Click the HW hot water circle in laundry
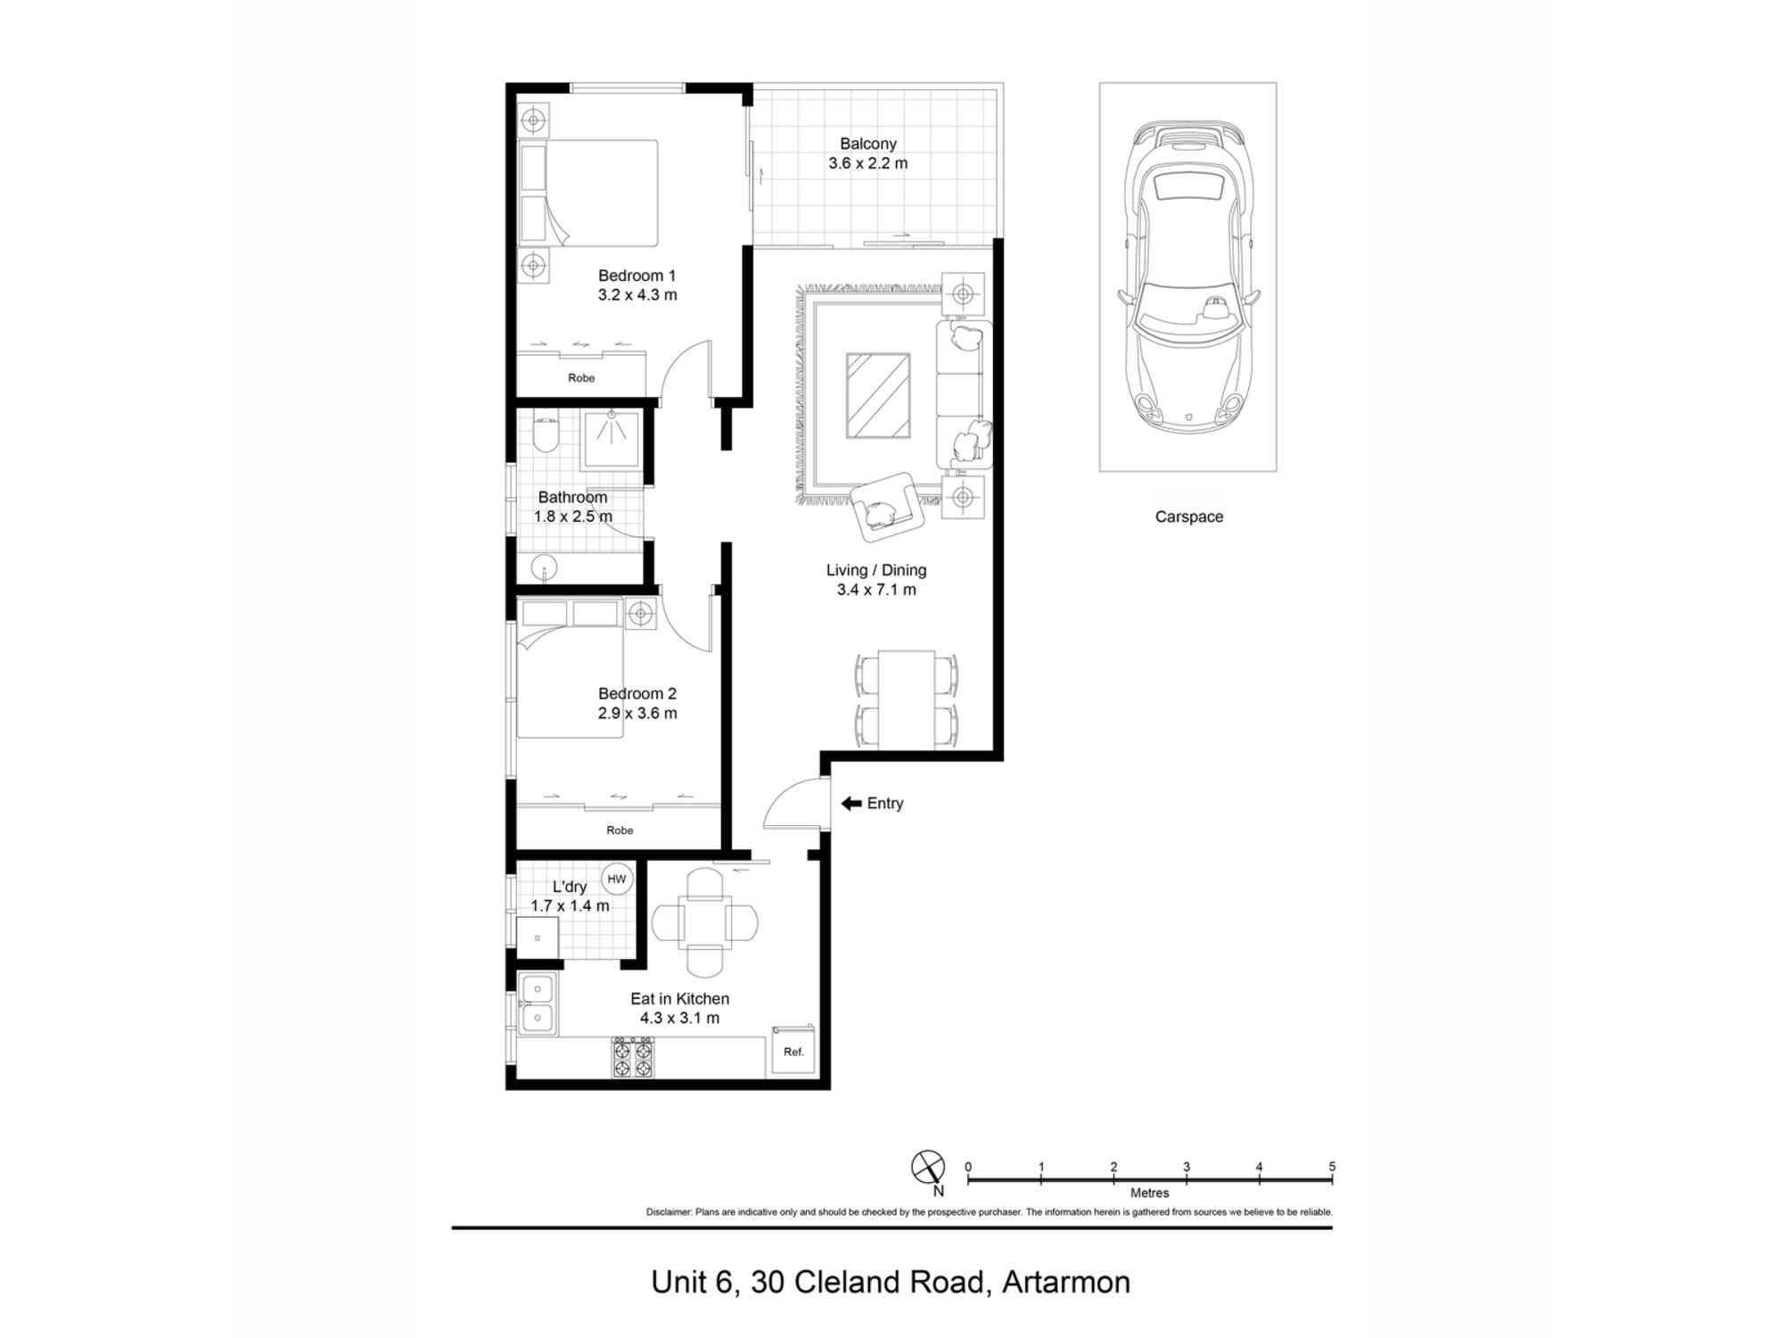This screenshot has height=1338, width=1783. (x=616, y=879)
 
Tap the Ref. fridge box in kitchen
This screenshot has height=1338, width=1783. (x=793, y=1051)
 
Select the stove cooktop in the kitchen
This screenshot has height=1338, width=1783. (x=632, y=1058)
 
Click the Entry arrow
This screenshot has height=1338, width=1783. (x=850, y=804)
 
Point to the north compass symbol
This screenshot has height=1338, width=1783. (x=928, y=1167)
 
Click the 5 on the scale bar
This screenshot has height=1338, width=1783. (x=1332, y=1166)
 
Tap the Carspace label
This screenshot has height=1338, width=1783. (x=1188, y=516)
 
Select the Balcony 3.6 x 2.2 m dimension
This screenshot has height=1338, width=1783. (x=867, y=163)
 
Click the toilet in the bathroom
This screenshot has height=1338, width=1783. (x=544, y=436)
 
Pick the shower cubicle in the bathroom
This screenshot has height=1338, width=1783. (x=612, y=440)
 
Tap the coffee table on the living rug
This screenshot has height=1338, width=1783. (x=878, y=395)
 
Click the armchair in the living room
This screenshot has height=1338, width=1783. (x=883, y=508)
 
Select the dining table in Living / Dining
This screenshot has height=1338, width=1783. (x=907, y=699)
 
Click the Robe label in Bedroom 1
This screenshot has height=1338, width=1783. (x=581, y=378)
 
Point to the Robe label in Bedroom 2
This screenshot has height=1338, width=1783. (x=620, y=830)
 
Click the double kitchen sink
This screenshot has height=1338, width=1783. (x=538, y=1003)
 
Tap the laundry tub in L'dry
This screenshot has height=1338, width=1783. (x=538, y=938)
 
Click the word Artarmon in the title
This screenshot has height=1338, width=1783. (x=1065, y=1282)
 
